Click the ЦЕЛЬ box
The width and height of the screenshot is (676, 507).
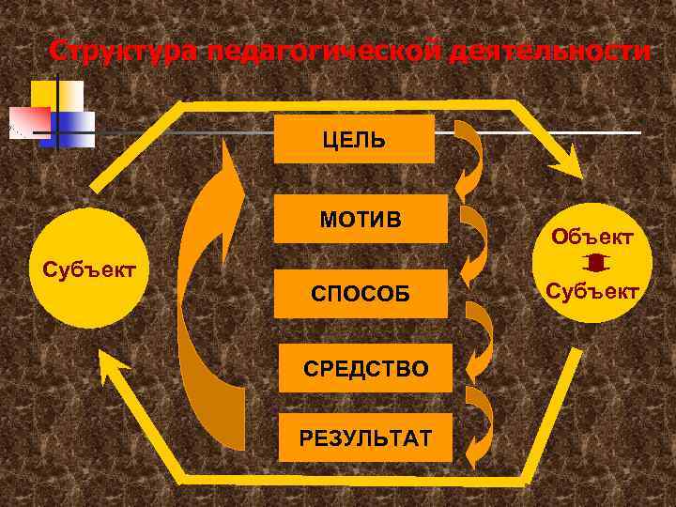tap(354, 139)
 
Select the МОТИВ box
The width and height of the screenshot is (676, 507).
tap(360, 220)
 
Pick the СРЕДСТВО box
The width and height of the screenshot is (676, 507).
tap(365, 367)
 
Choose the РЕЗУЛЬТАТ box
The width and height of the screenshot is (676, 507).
tap(365, 437)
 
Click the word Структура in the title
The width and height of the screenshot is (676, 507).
tap(123, 51)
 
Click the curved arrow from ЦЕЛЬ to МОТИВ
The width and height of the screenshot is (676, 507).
tap(469, 155)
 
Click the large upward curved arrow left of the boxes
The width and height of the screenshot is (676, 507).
tap(214, 282)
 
